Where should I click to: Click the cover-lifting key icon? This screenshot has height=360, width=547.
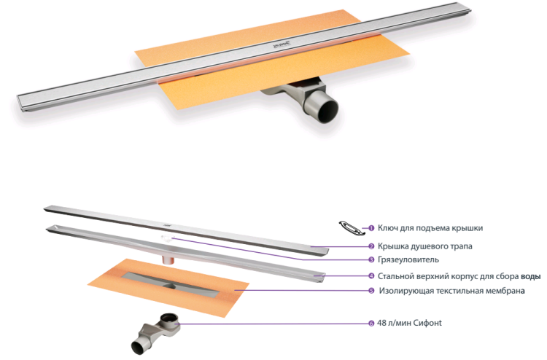(x=349, y=227)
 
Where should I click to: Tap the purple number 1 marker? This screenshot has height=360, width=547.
(x=371, y=228)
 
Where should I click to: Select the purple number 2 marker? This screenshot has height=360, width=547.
(x=371, y=246)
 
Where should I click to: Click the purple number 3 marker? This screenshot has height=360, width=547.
(x=371, y=259)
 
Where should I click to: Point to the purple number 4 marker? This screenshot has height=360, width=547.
(x=371, y=276)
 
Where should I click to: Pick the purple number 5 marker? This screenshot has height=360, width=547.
(x=371, y=291)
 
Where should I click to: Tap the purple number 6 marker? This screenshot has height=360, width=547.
(x=371, y=324)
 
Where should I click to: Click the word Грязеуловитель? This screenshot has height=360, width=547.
(x=408, y=260)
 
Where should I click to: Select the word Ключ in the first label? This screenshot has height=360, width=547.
(x=388, y=228)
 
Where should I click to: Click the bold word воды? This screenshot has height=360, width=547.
(x=531, y=276)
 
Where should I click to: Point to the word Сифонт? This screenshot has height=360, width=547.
(x=427, y=323)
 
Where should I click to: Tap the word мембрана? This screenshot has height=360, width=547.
(x=507, y=291)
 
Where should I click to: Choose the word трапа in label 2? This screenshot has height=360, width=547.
(x=461, y=247)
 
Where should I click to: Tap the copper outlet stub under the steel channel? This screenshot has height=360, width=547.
(x=169, y=260)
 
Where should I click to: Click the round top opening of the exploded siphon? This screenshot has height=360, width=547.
(x=169, y=318)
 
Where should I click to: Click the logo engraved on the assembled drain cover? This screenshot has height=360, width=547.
(x=282, y=44)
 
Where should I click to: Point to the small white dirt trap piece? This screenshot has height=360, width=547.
(x=168, y=238)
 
